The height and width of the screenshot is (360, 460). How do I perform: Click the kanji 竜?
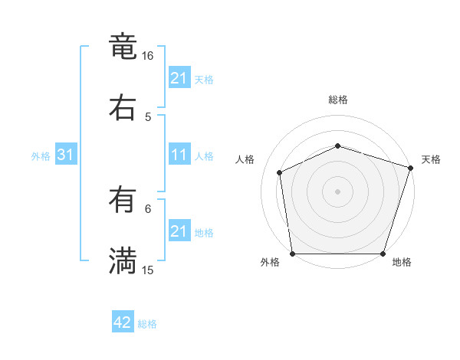(x=123, y=47)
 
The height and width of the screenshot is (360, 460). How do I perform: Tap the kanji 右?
(x=123, y=108)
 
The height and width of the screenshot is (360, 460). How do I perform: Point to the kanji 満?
(x=123, y=261)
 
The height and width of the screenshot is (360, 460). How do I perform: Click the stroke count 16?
(x=148, y=56)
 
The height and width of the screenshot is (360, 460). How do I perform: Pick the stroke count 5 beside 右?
(x=148, y=116)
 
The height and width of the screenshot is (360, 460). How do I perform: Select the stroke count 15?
(x=148, y=270)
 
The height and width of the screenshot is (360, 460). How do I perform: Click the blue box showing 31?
(x=66, y=155)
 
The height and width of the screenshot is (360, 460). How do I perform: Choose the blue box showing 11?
(x=179, y=155)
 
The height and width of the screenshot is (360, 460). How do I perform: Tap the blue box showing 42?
(x=123, y=322)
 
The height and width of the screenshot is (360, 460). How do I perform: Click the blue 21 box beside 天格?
(x=179, y=78)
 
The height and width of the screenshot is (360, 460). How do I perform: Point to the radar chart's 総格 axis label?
(x=337, y=100)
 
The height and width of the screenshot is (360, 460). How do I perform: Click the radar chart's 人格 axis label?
(x=245, y=159)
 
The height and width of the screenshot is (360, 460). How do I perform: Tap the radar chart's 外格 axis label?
(x=270, y=262)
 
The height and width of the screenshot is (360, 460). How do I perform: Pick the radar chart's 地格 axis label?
(x=402, y=262)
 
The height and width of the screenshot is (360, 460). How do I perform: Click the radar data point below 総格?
(x=337, y=146)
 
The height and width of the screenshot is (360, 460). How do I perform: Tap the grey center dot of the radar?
(x=337, y=191)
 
